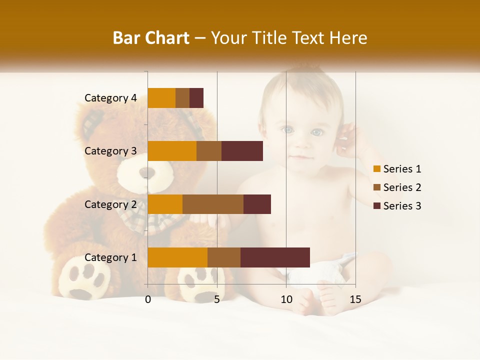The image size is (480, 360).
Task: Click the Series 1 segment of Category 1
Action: (x=177, y=257)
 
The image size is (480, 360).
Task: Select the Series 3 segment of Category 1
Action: (x=275, y=257)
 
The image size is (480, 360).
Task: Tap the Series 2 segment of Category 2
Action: (x=213, y=204)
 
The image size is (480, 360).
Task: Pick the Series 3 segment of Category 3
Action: (x=242, y=151)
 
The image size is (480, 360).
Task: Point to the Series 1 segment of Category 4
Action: (x=161, y=98)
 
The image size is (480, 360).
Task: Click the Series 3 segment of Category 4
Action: (x=196, y=98)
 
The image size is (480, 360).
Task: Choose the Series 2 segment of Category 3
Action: (x=209, y=151)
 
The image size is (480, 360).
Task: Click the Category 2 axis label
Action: (x=110, y=204)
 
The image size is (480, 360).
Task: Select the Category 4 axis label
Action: (x=110, y=98)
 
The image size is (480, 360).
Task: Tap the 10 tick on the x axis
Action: (x=286, y=299)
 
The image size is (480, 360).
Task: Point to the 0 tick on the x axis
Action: (x=148, y=299)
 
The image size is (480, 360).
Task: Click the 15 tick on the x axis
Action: (x=355, y=299)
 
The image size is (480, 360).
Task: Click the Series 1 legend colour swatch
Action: (x=377, y=169)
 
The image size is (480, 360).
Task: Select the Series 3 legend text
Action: (x=402, y=206)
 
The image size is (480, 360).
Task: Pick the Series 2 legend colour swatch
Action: (x=377, y=187)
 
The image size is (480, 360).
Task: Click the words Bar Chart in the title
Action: (x=151, y=38)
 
